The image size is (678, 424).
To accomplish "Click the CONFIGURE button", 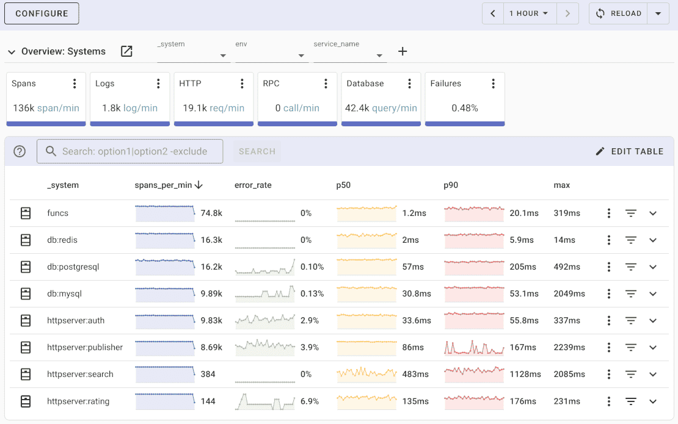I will (x=42, y=13).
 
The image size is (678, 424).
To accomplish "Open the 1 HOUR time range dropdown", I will (x=530, y=13).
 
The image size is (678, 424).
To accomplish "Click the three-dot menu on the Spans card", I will (x=75, y=84).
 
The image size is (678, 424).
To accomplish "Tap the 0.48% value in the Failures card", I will (x=464, y=108).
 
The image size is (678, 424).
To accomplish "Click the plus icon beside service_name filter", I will (x=403, y=51).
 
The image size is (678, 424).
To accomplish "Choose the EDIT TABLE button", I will (x=629, y=151).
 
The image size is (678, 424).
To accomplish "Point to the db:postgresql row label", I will (x=73, y=267).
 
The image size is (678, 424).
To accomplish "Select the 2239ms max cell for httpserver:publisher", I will (x=569, y=347).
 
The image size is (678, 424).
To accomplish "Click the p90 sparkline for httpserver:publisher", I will (x=475, y=347).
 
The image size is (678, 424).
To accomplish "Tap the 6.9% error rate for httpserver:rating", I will (x=310, y=401).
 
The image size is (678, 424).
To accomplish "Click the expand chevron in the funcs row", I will (x=653, y=213).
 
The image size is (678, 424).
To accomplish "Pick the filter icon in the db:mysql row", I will (x=631, y=293).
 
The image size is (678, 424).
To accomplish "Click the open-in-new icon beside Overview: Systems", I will (x=126, y=51).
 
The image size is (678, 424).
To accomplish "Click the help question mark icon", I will (x=20, y=151).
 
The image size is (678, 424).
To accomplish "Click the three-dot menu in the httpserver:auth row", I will (x=609, y=320).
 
